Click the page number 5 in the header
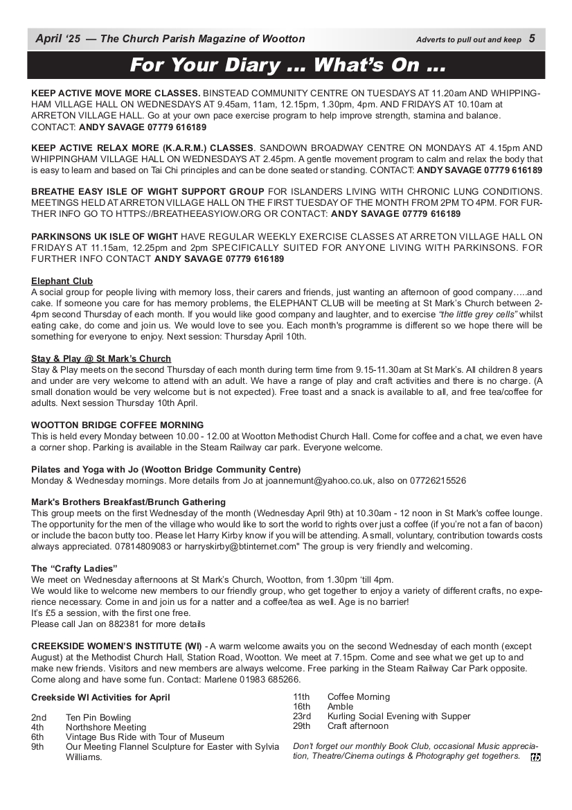pyautogui.click(x=532, y=39)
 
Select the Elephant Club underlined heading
pyautogui.click(x=62, y=281)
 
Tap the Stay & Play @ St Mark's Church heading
pyautogui.click(x=101, y=359)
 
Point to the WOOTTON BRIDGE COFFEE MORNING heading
pyautogui.click(x=118, y=425)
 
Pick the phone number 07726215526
pyautogui.click(x=436, y=480)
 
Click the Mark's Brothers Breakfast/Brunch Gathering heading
pyautogui.click(x=128, y=502)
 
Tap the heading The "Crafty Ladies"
pyautogui.click(x=75, y=568)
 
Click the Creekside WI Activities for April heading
pyautogui.click(x=100, y=697)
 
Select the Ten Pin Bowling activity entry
pyautogui.click(x=98, y=717)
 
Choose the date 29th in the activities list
pyautogui.click(x=302, y=726)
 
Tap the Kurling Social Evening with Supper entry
pyautogui.click(x=398, y=716)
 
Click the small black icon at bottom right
pyautogui.click(x=535, y=757)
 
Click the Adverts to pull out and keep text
pyautogui.click(x=469, y=39)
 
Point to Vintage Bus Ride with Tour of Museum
pyautogui.click(x=145, y=737)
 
